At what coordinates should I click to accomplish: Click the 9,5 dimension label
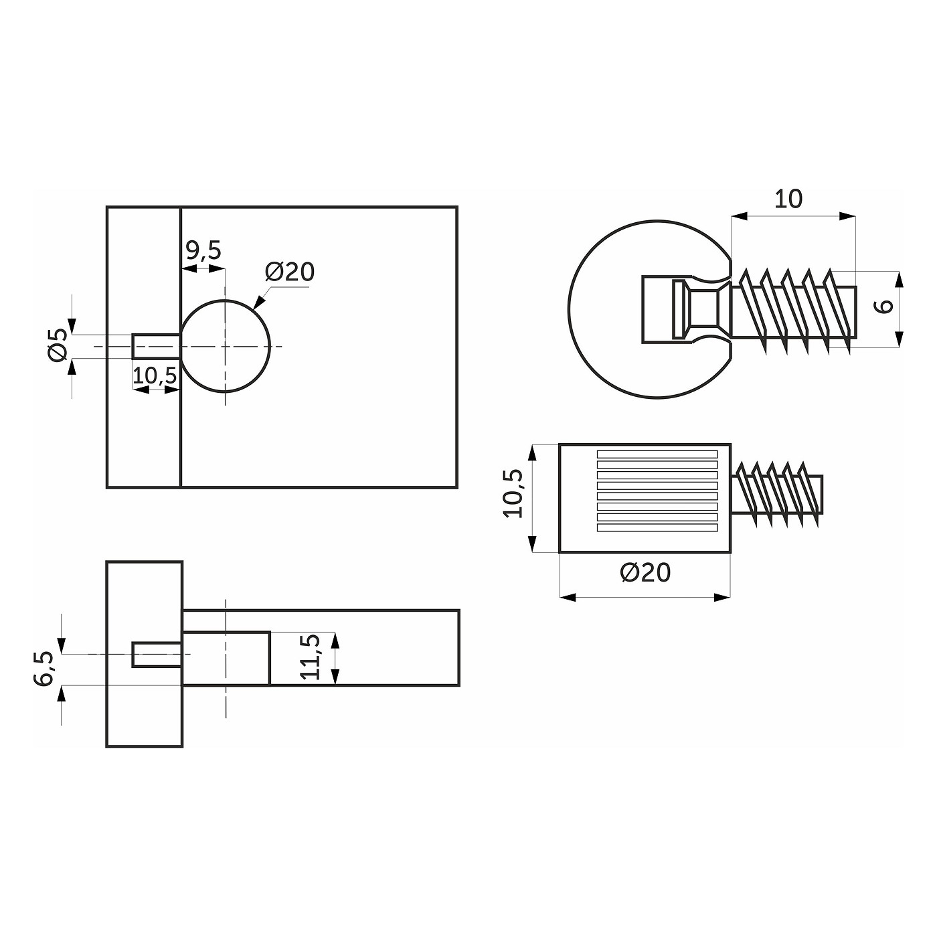point(203,250)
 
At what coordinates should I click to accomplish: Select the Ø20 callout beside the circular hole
point(290,272)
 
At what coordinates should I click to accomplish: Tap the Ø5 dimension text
point(58,345)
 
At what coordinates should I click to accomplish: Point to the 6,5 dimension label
point(44,669)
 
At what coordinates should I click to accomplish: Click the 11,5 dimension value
point(311,657)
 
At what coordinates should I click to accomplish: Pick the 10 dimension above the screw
point(788,199)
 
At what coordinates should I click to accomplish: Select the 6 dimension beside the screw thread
point(884,306)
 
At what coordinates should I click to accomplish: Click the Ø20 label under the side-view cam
point(645,573)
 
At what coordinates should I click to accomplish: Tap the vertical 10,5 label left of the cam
point(513,493)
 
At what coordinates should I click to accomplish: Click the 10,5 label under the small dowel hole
point(154,375)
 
